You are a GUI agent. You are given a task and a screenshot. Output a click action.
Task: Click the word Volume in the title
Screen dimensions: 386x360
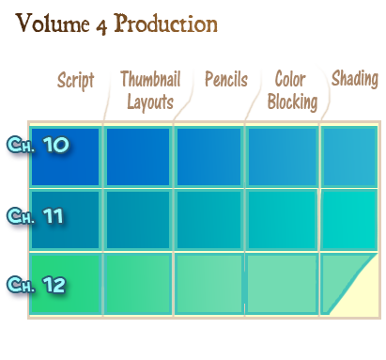[x=53, y=23]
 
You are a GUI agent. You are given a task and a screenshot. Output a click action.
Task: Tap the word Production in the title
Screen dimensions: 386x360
[x=165, y=23]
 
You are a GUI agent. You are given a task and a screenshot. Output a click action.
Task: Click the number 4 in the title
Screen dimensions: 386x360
[x=101, y=26]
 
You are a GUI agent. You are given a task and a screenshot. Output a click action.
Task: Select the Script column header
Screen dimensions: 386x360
[x=76, y=80]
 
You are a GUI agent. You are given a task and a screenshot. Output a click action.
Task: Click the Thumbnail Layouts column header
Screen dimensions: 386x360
[x=150, y=90]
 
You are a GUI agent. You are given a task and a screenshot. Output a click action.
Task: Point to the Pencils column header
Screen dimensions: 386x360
[x=226, y=79]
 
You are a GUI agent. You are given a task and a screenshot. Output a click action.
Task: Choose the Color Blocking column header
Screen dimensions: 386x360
[x=292, y=90]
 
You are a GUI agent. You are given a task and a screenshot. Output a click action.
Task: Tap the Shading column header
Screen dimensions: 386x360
[x=355, y=79]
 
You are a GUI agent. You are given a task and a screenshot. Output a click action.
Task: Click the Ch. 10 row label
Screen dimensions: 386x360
[x=38, y=145]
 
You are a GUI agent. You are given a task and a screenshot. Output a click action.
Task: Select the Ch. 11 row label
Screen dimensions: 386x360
[x=35, y=216]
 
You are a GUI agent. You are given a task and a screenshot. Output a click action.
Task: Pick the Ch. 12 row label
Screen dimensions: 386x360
[x=37, y=285]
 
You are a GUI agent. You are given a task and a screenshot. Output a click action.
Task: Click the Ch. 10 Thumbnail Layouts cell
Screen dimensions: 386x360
[x=138, y=157]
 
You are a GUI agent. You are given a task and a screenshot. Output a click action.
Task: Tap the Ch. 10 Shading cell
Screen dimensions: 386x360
[x=349, y=157]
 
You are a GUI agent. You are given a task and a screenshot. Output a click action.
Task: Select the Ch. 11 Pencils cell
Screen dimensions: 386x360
[x=208, y=220]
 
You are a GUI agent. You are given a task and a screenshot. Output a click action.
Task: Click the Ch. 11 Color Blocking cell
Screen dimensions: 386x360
[x=282, y=220]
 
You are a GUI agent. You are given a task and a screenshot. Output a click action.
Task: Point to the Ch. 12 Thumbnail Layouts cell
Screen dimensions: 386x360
[x=138, y=284]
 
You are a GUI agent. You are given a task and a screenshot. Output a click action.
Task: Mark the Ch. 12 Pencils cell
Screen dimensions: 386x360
[x=208, y=284]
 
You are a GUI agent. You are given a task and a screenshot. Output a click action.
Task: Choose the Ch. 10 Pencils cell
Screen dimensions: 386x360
[x=208, y=157]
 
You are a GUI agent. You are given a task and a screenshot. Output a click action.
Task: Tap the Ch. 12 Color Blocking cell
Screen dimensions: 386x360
[x=282, y=284]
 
